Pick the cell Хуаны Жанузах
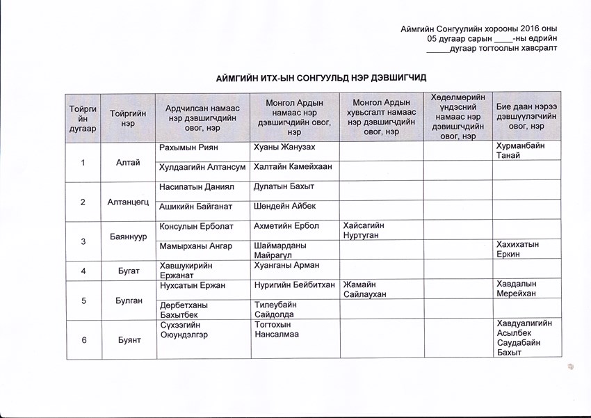(284, 147)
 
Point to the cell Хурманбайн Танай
(520, 151)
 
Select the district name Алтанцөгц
(127, 202)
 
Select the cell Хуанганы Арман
(286, 264)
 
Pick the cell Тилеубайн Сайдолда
(275, 309)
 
